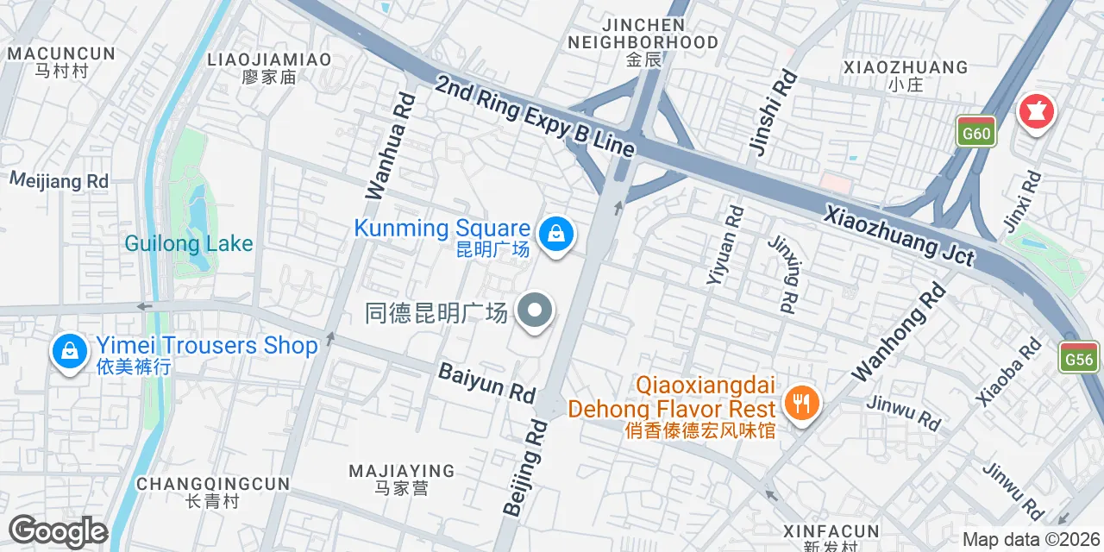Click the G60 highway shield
point(976,132)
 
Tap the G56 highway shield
point(1079,357)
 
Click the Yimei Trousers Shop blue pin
point(68,352)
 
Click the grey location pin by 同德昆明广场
point(535,311)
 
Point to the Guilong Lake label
point(189,243)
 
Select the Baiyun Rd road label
point(486,382)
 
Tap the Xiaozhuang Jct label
point(899,235)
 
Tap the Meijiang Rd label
point(59,180)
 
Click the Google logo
point(58,532)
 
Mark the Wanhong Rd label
point(899,332)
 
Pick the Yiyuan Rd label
point(724,244)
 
